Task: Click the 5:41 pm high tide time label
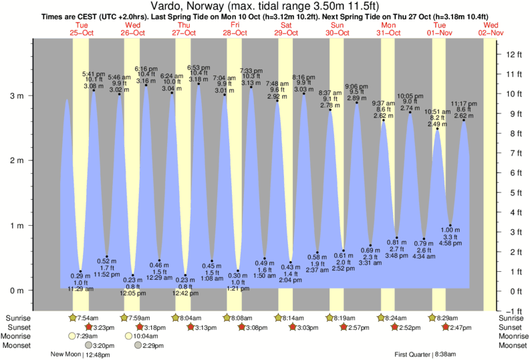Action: (x=92, y=73)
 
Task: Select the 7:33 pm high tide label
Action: (x=251, y=71)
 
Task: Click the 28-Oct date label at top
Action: (x=235, y=33)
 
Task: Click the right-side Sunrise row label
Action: (x=512, y=318)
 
